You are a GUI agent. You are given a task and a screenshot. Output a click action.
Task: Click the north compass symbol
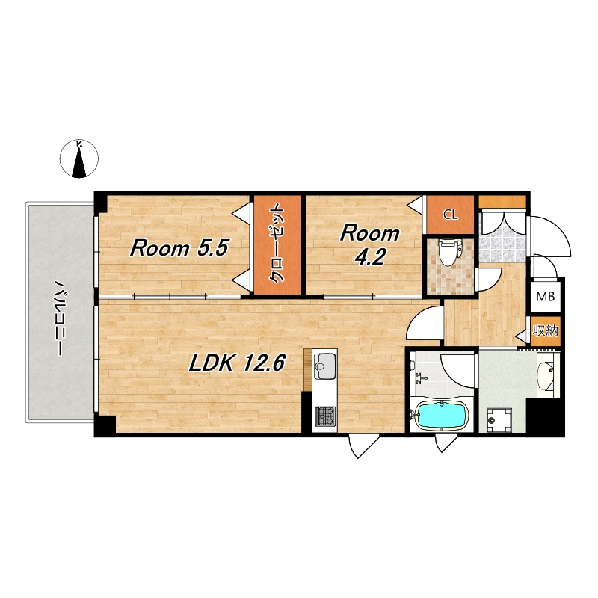pos(79,158)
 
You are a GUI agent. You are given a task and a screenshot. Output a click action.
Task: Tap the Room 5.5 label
pos(179,248)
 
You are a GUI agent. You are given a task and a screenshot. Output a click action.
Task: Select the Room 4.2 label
pos(369,245)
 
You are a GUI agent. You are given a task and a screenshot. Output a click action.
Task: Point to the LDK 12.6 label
pos(237,363)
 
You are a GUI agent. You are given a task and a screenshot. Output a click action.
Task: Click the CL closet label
pos(450,215)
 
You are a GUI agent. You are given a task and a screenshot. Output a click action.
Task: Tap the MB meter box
pos(546,296)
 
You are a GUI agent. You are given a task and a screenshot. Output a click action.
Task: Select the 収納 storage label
pos(546,330)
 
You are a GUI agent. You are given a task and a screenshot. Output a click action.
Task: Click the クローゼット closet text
pos(277,244)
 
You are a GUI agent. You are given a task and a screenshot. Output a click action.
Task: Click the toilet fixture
pos(449,252)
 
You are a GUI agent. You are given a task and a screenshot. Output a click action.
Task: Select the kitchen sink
pos(324,366)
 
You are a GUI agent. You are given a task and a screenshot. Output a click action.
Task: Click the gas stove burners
pos(325,416)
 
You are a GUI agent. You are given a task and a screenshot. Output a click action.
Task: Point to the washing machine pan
pos(499,420)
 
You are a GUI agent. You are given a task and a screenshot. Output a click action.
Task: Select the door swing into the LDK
pos(423,323)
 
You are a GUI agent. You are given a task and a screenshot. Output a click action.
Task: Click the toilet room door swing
pos(489,280)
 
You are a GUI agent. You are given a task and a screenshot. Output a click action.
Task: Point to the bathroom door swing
pos(457,370)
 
